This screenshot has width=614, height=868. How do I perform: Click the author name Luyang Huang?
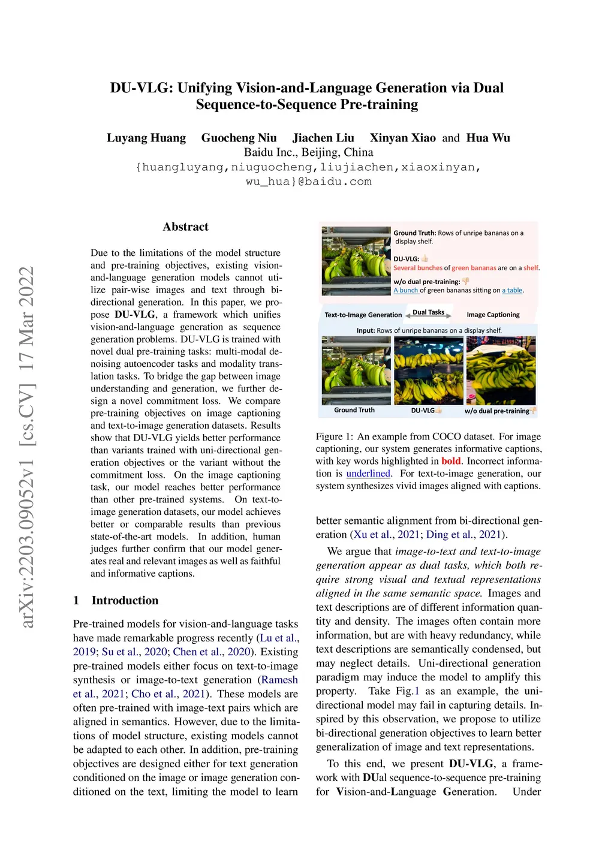[x=146, y=138]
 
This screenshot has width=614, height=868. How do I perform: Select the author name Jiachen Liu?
[x=323, y=138]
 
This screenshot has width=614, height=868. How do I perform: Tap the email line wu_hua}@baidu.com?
[x=308, y=182]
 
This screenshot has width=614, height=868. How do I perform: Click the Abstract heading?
[x=185, y=227]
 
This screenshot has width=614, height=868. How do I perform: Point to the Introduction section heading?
[x=125, y=600]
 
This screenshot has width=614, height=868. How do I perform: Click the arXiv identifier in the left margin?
[x=27, y=447]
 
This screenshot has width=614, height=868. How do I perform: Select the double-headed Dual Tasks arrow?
[x=428, y=315]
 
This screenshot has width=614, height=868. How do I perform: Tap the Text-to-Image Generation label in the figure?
[x=363, y=315]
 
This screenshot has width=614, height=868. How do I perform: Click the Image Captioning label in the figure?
[x=493, y=315]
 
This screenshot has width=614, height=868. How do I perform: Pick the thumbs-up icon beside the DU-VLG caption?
[x=425, y=259]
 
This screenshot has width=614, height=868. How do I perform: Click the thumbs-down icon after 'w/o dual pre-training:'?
[x=466, y=281]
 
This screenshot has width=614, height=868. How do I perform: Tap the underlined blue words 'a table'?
[x=512, y=290]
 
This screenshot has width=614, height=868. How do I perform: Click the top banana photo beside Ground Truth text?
[x=356, y=261]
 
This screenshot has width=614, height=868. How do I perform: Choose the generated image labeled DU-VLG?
[x=428, y=370]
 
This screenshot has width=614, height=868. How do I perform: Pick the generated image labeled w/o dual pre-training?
[x=501, y=370]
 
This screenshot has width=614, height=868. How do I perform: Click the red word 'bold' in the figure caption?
[x=451, y=461]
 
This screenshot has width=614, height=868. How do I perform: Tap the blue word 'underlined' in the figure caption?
[x=368, y=474]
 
